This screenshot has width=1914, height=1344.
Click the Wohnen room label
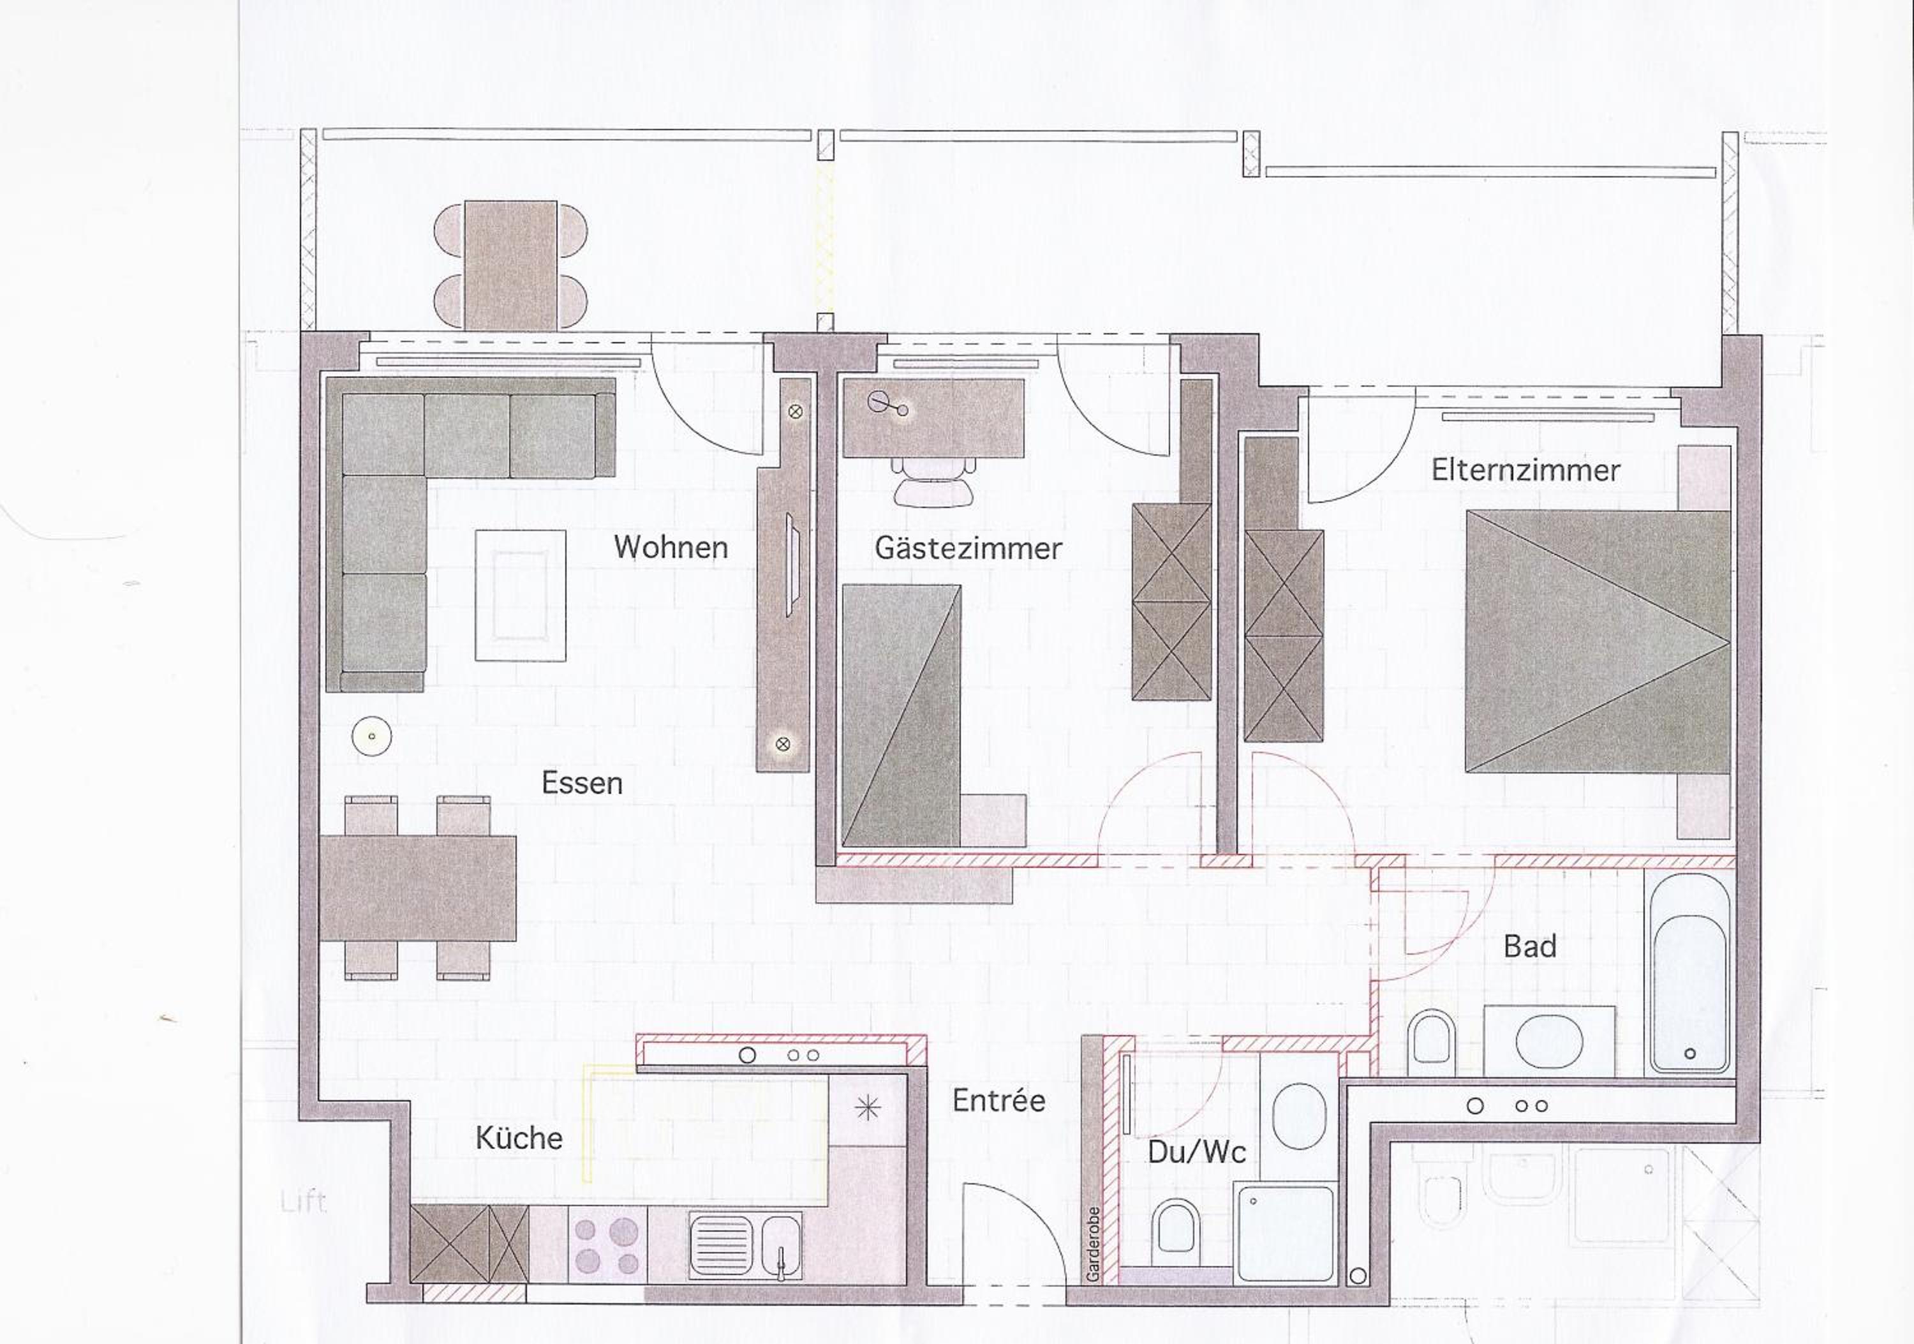(671, 548)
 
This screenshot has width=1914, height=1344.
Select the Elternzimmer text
(1525, 470)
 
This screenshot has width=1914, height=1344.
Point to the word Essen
(582, 783)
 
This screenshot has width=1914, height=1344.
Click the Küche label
(519, 1137)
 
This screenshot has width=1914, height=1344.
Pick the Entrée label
(998, 1101)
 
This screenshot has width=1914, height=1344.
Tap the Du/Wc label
(1197, 1153)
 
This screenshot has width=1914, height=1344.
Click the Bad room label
(1531, 946)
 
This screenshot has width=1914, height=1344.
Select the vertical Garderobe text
(1093, 1244)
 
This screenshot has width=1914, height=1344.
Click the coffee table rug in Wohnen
(520, 595)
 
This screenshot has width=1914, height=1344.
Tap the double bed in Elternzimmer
(1597, 641)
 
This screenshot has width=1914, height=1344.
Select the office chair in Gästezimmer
(933, 482)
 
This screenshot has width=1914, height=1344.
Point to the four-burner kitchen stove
(607, 1245)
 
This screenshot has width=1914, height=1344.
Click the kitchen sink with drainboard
(745, 1246)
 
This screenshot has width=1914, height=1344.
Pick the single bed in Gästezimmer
(901, 715)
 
